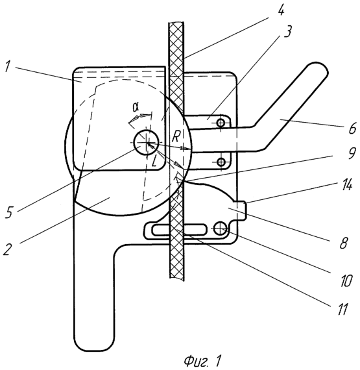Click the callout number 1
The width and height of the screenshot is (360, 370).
click(x=8, y=67)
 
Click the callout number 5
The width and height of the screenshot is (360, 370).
click(x=10, y=211)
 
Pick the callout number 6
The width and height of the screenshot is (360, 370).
click(x=352, y=128)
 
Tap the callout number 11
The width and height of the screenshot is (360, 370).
click(x=341, y=308)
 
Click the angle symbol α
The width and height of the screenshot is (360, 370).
click(x=136, y=107)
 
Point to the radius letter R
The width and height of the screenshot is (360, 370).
click(x=176, y=136)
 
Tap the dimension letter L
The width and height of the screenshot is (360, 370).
click(x=154, y=162)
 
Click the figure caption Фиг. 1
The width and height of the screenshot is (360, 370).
click(x=203, y=360)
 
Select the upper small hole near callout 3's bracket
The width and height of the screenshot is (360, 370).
click(x=221, y=123)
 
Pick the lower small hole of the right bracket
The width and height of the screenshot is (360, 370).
click(x=221, y=162)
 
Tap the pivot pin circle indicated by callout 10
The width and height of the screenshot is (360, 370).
click(x=221, y=228)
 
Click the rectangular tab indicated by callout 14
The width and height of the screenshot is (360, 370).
click(x=241, y=210)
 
